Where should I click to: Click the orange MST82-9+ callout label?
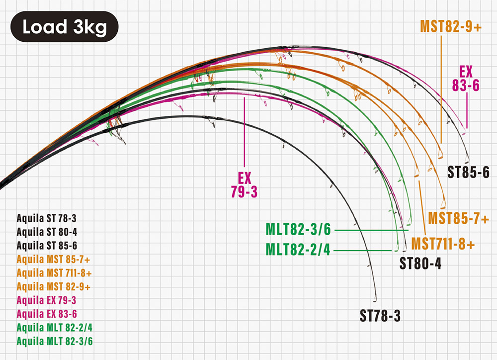451,26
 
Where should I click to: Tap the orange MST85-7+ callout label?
458,218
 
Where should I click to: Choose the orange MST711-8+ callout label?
443,244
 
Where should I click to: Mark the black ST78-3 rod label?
380,315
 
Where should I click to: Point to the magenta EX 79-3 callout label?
244,184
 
